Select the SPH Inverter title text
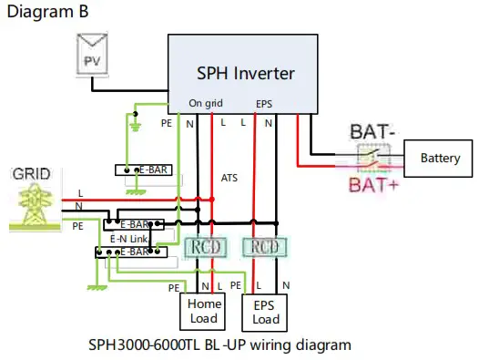245,73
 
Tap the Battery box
440,159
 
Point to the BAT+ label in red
375,187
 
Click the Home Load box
203,312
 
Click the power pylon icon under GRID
30,209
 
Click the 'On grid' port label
206,103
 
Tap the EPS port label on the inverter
265,103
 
